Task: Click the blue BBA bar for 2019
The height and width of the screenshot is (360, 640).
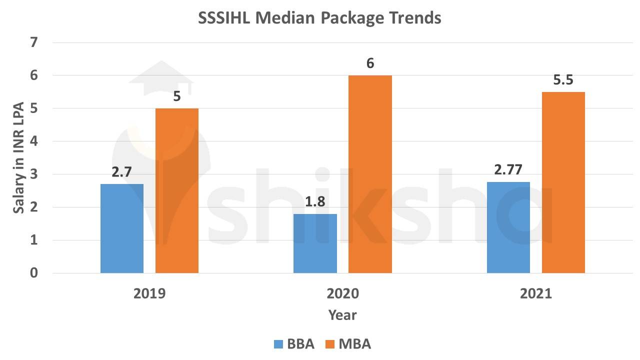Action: point(122,228)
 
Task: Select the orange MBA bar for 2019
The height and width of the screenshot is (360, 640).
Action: point(177,190)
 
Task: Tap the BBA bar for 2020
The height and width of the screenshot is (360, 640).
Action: point(315,243)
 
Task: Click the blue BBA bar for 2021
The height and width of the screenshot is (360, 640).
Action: point(508,227)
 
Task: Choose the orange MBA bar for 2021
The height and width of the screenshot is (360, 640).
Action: point(563,182)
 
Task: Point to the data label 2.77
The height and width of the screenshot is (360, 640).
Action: point(508,169)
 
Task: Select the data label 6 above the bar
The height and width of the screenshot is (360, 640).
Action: point(370,63)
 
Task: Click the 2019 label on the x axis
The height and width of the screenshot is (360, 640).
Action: point(149,293)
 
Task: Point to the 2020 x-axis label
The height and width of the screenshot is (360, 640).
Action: point(342,293)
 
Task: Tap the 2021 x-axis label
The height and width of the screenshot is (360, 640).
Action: point(536,293)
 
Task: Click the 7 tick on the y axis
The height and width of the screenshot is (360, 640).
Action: point(34,42)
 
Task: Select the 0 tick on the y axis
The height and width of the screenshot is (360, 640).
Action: point(34,273)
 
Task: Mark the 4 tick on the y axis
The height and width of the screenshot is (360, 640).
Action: point(34,141)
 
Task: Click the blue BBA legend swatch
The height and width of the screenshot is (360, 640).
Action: point(278,344)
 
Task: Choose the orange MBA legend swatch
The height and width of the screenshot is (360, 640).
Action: point(330,344)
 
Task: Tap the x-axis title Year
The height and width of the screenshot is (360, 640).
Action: point(342,315)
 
